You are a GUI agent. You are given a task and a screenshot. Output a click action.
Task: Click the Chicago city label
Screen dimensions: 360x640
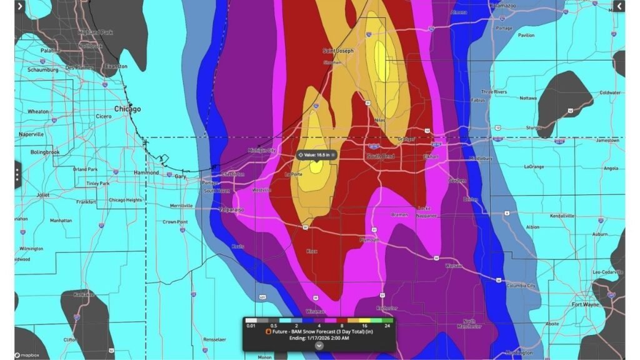click(127, 109)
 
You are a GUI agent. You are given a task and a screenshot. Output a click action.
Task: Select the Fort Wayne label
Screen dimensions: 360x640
click(584, 305)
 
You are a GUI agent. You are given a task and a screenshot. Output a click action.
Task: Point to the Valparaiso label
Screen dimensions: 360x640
click(230, 209)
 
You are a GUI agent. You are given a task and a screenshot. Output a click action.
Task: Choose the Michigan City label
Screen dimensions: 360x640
click(261, 150)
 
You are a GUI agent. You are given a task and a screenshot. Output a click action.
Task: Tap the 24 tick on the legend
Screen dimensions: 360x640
click(387, 325)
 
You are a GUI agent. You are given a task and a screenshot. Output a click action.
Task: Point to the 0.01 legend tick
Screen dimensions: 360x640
click(251, 325)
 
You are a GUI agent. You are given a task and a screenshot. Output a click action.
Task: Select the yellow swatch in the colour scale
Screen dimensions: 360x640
click(364, 320)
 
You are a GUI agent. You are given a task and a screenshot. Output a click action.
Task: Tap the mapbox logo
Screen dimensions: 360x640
click(27, 354)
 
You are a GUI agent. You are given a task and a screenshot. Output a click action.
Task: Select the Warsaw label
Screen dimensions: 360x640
click(454, 266)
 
